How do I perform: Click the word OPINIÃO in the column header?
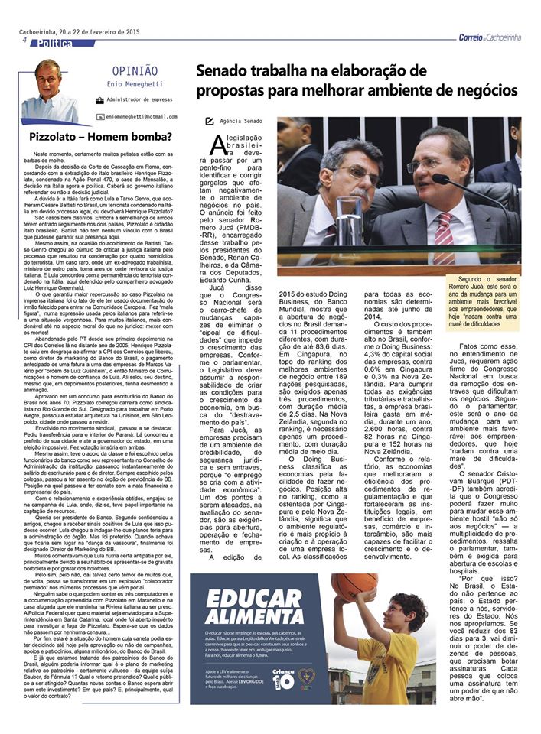click(x=134, y=70)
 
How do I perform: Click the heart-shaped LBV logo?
click(x=306, y=679)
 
